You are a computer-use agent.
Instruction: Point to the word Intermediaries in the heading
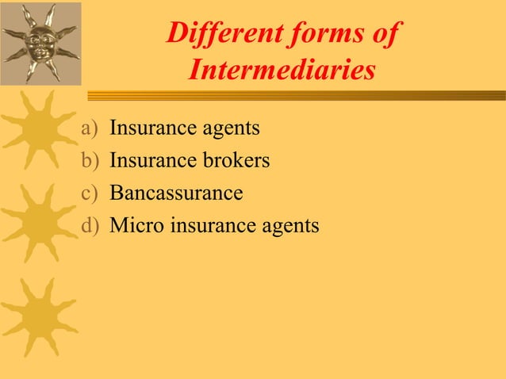(x=282, y=71)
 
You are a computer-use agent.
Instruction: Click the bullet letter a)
(x=92, y=127)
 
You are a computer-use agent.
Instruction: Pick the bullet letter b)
(x=92, y=160)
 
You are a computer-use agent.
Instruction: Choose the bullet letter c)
(x=92, y=193)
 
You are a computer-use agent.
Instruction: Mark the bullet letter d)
(x=92, y=226)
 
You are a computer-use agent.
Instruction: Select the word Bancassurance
(x=176, y=193)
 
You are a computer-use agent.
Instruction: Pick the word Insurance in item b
(x=147, y=160)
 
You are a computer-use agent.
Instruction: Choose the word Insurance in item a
(x=147, y=127)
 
